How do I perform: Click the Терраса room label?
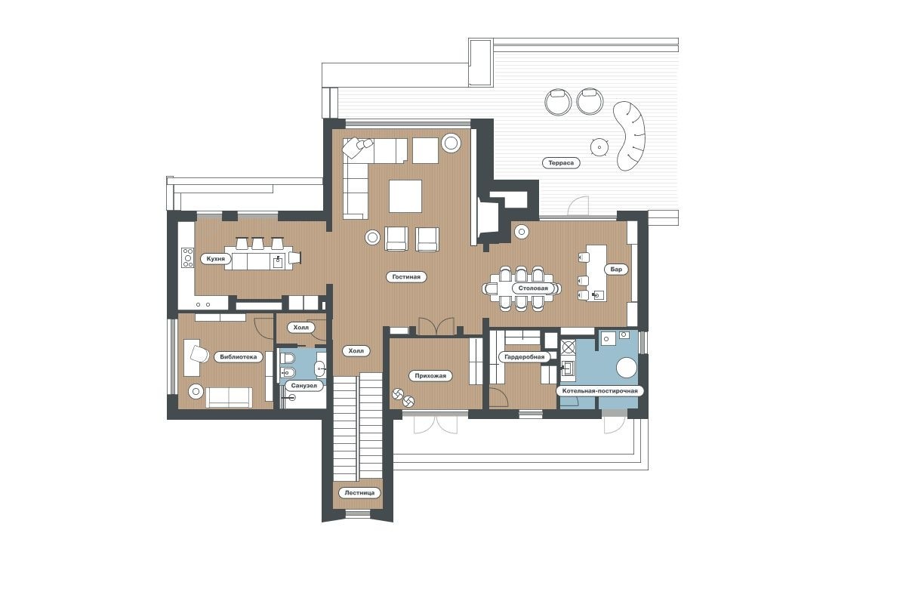point(560,163)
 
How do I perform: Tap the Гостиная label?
point(406,277)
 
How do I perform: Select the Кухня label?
point(216,259)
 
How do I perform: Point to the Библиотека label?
point(239,357)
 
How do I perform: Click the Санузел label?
point(304,386)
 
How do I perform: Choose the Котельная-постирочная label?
point(599,391)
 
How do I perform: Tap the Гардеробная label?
point(524,357)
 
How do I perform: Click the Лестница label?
point(359,493)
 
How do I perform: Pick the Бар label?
point(616,270)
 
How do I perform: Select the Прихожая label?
point(430,376)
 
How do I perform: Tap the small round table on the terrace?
point(599,147)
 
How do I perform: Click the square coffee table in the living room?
point(405,196)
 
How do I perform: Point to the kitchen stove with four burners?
point(188,257)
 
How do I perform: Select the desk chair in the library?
point(199,354)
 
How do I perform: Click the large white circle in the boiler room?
point(627,368)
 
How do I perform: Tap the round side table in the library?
point(196,391)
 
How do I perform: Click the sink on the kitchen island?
point(278,262)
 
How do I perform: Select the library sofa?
point(229,398)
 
